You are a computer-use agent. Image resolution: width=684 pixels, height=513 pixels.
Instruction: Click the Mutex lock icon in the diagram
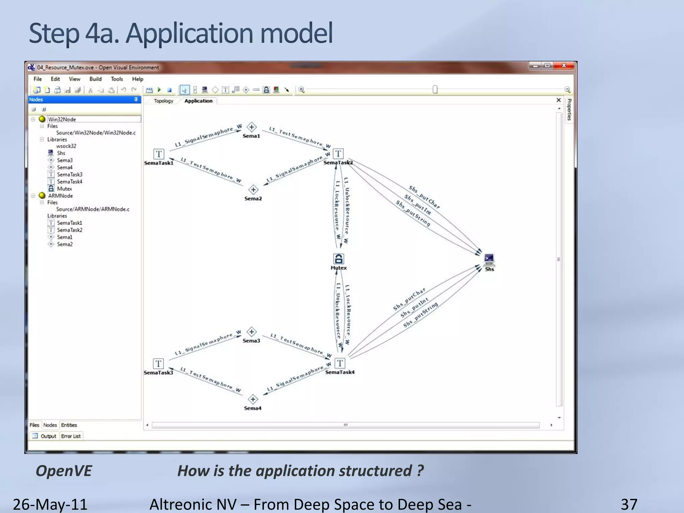click(x=338, y=259)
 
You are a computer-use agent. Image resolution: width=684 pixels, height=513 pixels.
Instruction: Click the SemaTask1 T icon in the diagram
click(x=159, y=154)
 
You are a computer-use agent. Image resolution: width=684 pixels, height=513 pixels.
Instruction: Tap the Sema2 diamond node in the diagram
click(x=253, y=190)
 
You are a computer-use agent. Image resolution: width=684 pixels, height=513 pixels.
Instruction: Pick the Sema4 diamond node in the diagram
click(x=253, y=399)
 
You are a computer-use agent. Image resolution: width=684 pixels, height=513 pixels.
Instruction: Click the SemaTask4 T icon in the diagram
click(x=340, y=363)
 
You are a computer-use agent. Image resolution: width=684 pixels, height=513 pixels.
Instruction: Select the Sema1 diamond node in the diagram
click(x=251, y=127)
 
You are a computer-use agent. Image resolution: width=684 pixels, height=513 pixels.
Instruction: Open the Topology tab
click(x=163, y=101)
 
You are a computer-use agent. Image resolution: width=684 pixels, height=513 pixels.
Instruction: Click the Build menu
click(x=95, y=79)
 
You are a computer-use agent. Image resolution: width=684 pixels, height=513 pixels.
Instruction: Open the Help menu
click(x=137, y=79)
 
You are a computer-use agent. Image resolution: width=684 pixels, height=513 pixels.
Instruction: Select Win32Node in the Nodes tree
click(x=62, y=119)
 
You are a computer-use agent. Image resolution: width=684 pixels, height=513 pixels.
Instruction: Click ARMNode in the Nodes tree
click(x=60, y=196)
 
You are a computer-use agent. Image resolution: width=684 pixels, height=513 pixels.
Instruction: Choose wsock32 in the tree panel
click(x=66, y=146)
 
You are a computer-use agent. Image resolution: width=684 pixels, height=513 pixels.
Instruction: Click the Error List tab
click(x=71, y=436)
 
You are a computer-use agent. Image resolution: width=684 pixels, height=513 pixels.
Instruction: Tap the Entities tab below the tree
click(x=69, y=425)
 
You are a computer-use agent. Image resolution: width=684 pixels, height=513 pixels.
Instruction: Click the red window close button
click(x=564, y=66)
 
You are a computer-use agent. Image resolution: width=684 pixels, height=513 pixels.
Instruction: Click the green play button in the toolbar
click(x=159, y=90)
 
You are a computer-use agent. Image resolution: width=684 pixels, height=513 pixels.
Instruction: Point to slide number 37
click(x=629, y=504)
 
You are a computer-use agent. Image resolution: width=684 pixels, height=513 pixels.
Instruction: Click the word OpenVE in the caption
click(x=63, y=471)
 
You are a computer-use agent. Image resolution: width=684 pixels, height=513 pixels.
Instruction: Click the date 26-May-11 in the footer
click(x=50, y=504)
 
